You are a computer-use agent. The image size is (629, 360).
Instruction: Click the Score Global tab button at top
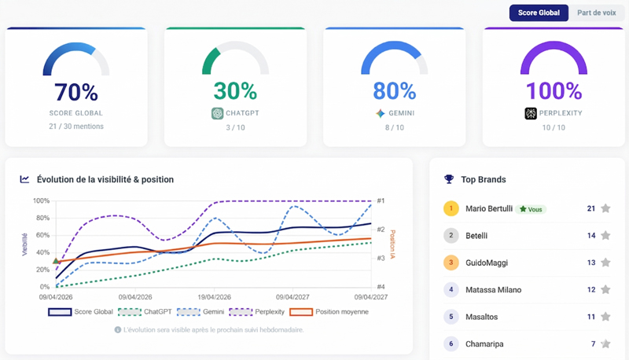tap(539, 13)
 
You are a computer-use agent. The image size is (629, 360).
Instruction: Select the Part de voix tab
tap(595, 13)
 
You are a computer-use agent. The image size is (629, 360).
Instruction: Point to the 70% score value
tap(76, 92)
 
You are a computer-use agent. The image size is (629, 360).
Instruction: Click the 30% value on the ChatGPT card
tap(235, 92)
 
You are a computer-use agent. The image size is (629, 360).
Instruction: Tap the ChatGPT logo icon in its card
tap(218, 113)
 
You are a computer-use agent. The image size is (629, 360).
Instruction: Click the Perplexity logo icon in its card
tap(531, 113)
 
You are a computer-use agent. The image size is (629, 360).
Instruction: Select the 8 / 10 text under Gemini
tap(393, 127)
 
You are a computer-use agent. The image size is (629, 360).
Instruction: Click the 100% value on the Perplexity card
tap(553, 92)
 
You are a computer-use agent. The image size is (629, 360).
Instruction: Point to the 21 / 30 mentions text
tap(76, 127)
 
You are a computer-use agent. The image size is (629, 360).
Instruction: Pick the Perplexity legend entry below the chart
tap(267, 312)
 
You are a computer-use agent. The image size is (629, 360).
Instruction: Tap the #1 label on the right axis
tap(381, 201)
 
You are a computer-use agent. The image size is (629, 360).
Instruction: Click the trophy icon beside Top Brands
tap(449, 179)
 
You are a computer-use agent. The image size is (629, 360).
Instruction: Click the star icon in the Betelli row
tap(605, 235)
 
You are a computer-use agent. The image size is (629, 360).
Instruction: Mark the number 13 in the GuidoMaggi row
tap(590, 262)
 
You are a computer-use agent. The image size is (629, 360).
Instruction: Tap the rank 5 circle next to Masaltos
tap(451, 316)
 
